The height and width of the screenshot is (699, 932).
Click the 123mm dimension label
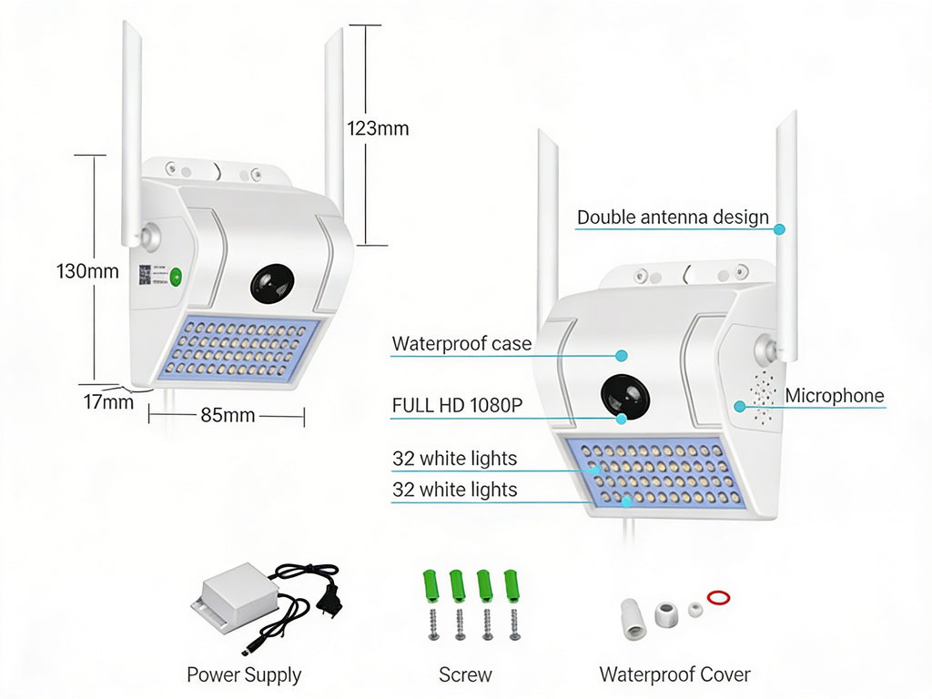(378, 128)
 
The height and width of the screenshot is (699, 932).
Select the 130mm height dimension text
(87, 270)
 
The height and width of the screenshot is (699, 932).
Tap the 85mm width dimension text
(228, 416)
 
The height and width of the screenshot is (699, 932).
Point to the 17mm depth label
(108, 400)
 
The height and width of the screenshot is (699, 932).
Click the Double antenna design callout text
(673, 218)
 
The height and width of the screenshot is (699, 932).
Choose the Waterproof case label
(461, 344)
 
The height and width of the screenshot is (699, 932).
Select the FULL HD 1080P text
(457, 406)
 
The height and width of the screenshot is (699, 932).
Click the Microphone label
(834, 396)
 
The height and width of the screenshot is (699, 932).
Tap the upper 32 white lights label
(454, 459)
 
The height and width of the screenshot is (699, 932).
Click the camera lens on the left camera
(272, 285)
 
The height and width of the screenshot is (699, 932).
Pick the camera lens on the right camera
(623, 397)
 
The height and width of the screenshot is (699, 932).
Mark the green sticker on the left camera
(176, 277)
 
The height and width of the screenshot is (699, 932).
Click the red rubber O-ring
(718, 598)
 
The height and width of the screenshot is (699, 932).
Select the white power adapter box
(232, 597)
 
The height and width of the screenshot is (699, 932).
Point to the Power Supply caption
(243, 674)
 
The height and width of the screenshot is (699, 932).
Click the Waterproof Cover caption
(674, 674)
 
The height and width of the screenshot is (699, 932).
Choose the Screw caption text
(464, 674)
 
